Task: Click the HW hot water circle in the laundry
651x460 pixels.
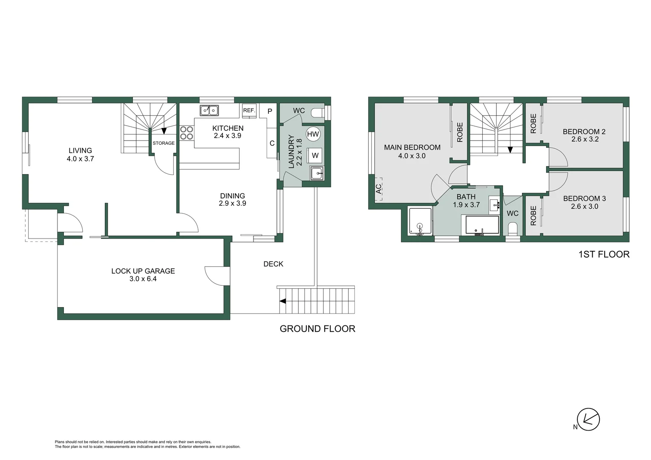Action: click(313, 134)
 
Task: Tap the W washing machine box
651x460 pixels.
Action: click(315, 155)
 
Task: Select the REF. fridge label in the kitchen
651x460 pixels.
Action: click(249, 111)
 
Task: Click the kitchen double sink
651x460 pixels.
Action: click(209, 110)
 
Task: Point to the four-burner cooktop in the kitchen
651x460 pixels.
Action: click(187, 132)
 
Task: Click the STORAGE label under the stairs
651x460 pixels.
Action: click(164, 143)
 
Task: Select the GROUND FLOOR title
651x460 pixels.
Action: click(317, 329)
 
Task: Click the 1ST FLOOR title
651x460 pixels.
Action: click(604, 254)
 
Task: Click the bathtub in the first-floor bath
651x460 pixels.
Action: click(482, 224)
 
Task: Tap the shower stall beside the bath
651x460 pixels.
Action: click(420, 221)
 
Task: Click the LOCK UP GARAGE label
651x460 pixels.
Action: click(143, 271)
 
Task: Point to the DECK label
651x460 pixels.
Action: click(273, 264)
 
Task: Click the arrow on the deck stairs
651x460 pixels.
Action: click(282, 301)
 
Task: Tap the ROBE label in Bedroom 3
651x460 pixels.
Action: click(533, 216)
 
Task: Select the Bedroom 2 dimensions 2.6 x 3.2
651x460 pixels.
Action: click(585, 139)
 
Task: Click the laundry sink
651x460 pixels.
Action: click(317, 173)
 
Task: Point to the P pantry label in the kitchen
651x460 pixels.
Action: click(270, 111)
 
